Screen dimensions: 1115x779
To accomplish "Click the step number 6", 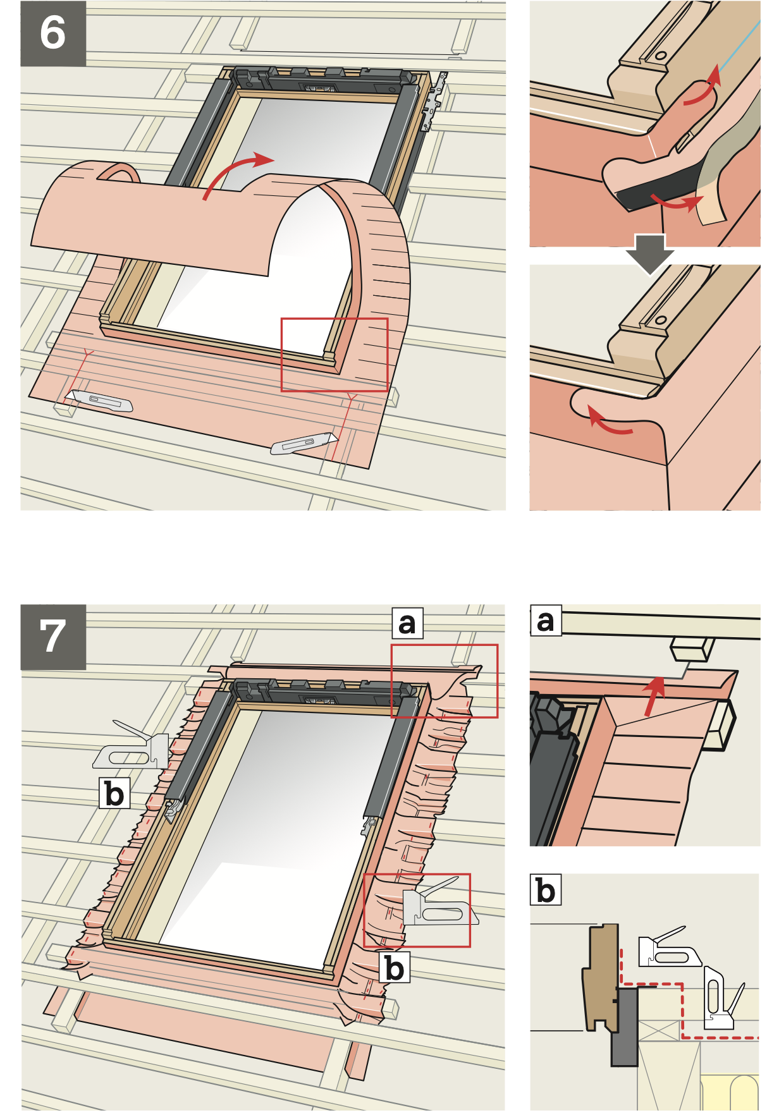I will (53, 34).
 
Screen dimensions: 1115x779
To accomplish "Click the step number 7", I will (53, 637).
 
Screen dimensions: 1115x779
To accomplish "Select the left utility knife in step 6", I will (99, 401).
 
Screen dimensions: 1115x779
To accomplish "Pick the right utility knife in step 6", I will (304, 443).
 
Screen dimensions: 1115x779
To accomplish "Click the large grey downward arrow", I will (650, 252).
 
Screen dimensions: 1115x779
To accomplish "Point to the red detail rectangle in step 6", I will (334, 355).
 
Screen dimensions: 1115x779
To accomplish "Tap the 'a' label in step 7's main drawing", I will (407, 624).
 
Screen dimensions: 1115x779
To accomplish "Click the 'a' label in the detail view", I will (546, 621).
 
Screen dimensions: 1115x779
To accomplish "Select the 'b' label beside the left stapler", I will (114, 793).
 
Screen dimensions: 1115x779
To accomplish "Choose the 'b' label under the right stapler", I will (395, 968).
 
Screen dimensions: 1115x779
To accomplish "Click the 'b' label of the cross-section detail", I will (546, 890).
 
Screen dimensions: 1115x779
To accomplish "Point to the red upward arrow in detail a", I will (654, 695).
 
